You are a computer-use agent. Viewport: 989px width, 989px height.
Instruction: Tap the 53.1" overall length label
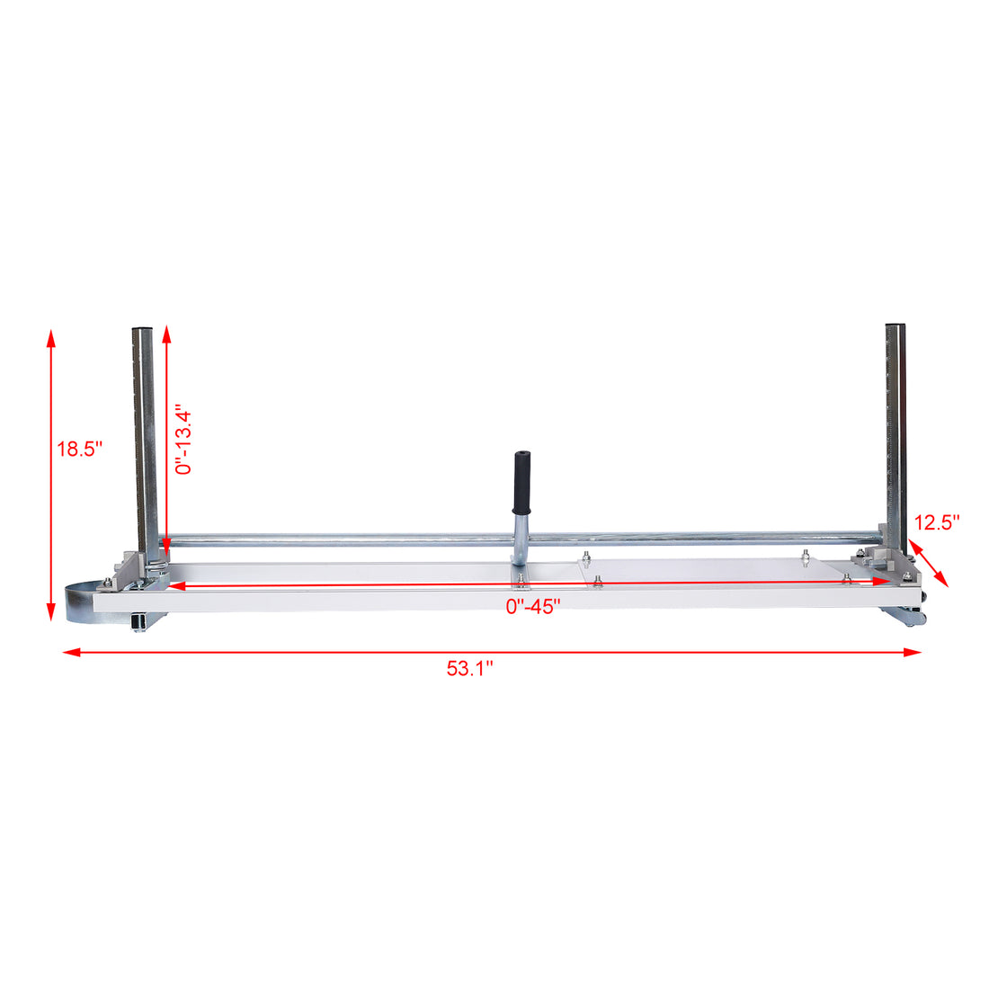coord(470,669)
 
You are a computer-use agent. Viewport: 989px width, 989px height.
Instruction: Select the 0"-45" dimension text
coord(533,607)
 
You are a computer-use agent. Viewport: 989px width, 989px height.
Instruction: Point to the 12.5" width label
coord(938,522)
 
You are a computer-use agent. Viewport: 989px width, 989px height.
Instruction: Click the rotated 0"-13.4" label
coord(183,440)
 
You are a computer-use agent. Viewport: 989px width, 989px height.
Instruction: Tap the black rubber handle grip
coord(521,481)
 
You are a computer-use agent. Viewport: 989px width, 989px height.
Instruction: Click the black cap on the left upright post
coord(144,328)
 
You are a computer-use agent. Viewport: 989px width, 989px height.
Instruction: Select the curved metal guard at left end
coord(81,600)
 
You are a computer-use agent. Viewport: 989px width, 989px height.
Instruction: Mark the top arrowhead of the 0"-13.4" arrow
coord(167,335)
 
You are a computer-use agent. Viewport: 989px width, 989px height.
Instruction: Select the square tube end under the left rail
coord(138,621)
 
